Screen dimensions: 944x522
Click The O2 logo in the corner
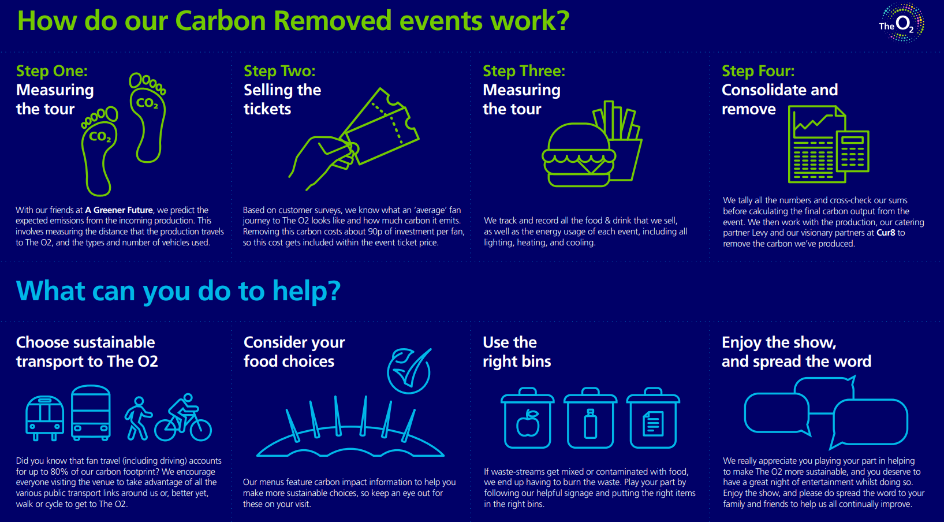tap(901, 23)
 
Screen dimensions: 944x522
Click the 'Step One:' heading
tap(52, 71)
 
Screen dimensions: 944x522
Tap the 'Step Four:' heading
tap(758, 71)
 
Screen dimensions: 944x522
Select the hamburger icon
tap(578, 155)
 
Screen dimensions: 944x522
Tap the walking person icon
tap(138, 418)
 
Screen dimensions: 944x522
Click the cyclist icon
tap(183, 418)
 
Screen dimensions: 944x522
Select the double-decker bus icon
tap(91, 413)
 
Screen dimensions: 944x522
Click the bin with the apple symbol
tap(527, 419)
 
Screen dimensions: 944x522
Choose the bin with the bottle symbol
tap(590, 419)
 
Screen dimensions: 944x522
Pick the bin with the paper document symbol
tap(653, 419)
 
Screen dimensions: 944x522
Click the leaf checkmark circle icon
tap(409, 371)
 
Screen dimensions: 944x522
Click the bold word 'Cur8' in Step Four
tap(886, 233)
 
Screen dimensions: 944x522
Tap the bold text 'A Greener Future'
tap(119, 210)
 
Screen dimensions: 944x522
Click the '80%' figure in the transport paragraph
tap(59, 471)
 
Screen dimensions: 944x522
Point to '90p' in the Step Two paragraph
tap(375, 232)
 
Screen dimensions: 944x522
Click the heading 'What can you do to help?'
tap(178, 290)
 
